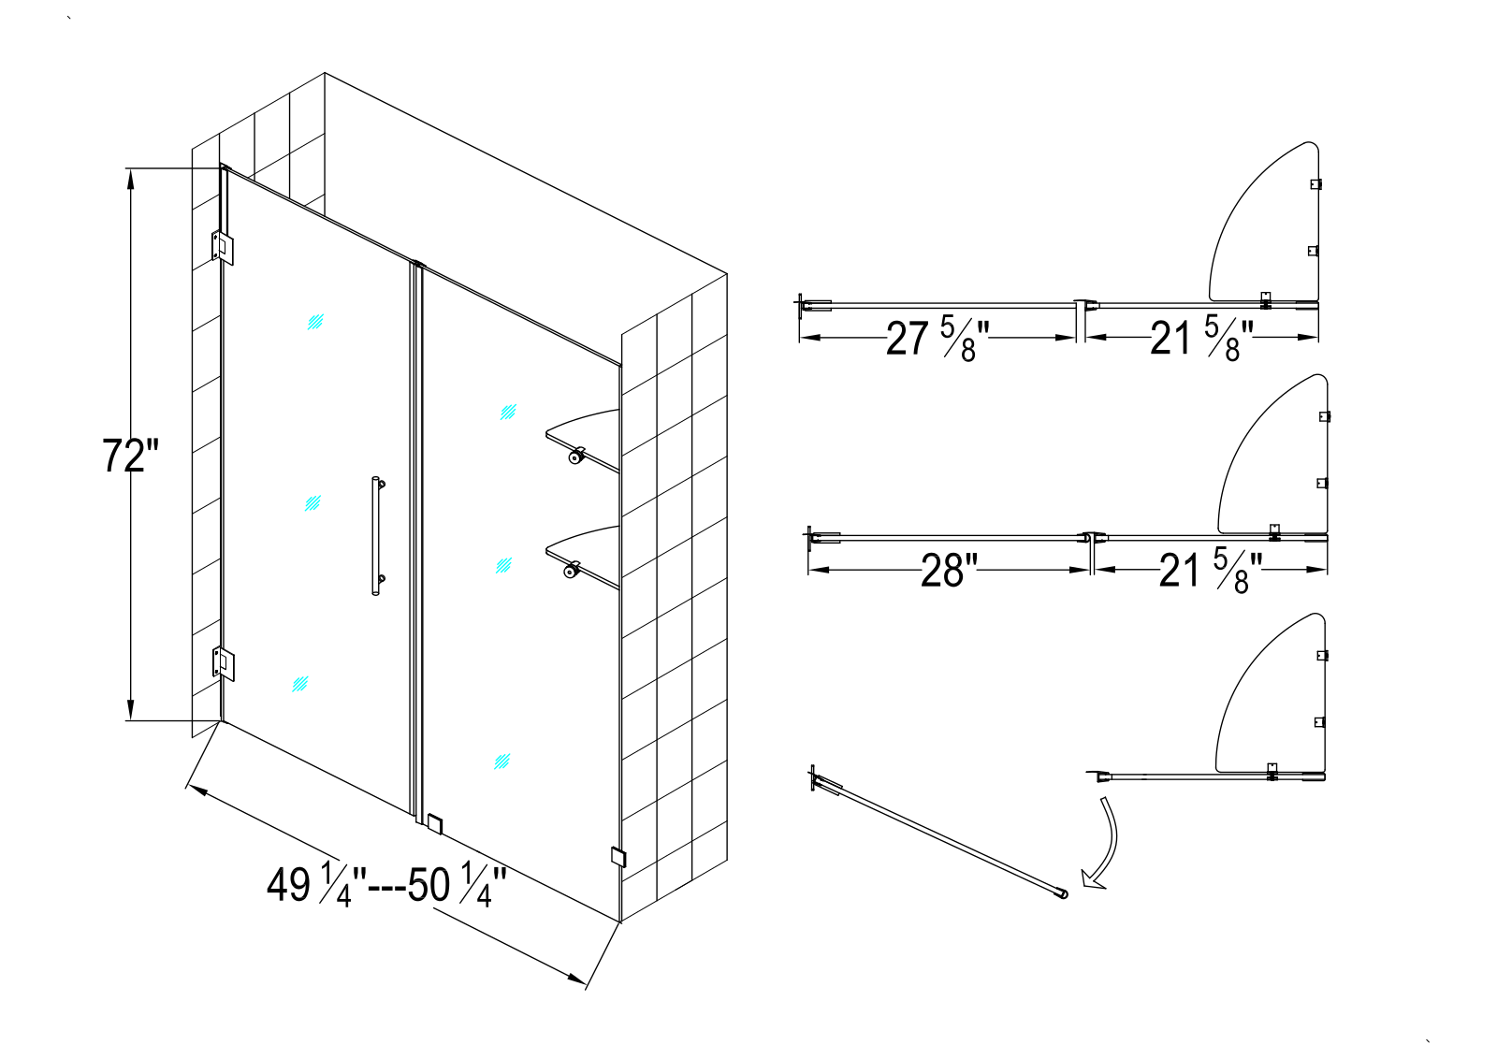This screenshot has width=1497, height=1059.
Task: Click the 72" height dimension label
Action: click(130, 456)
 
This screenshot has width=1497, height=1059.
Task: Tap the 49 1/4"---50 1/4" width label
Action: click(386, 886)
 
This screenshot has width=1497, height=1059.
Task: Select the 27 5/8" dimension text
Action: click(937, 339)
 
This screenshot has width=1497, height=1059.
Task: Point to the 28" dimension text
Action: click(949, 571)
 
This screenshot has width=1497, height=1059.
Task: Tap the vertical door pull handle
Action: click(377, 536)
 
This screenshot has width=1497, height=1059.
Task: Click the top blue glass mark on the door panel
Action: click(315, 322)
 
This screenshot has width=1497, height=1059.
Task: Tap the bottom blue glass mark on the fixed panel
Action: click(501, 761)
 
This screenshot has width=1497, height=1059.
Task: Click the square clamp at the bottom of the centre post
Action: click(435, 824)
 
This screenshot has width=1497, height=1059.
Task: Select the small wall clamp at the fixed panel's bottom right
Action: click(618, 857)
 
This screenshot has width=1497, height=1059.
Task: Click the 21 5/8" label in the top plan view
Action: click(1201, 339)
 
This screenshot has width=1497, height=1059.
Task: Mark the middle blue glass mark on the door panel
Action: click(312, 503)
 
